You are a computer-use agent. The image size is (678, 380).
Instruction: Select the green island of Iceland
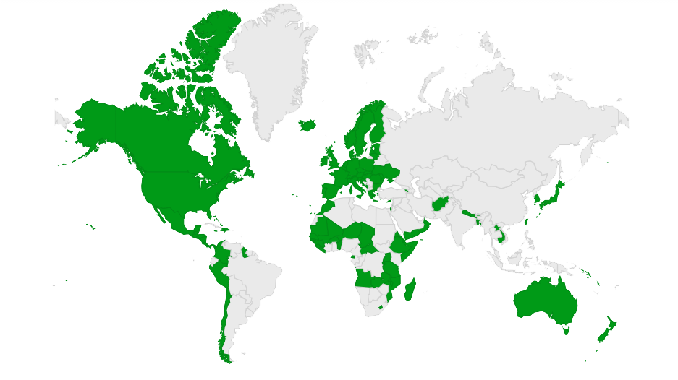click(308, 125)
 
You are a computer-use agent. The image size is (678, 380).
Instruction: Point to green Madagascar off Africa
click(410, 290)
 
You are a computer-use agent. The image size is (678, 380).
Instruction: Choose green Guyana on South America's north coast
click(245, 253)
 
